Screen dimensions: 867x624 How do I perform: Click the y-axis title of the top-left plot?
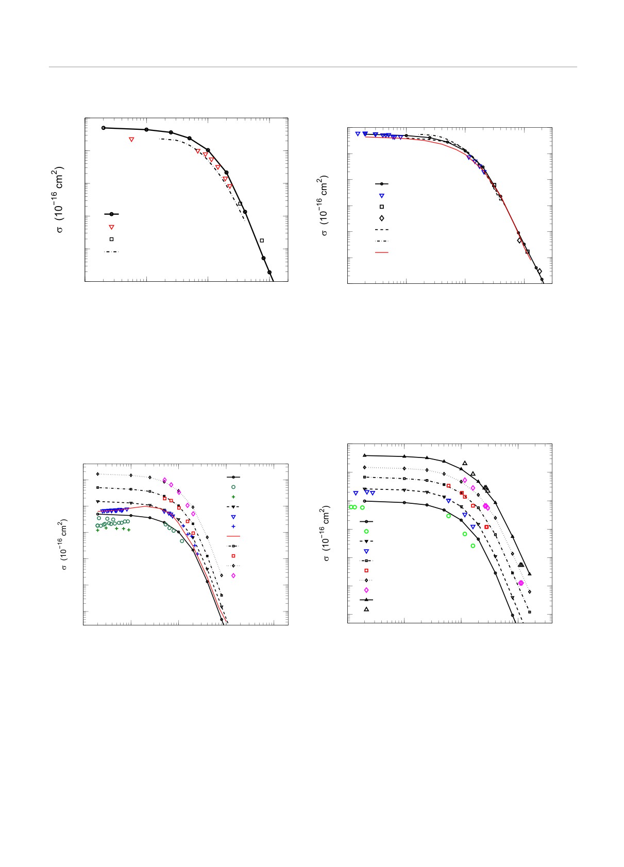point(60,199)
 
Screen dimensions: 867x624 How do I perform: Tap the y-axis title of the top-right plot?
point(325,206)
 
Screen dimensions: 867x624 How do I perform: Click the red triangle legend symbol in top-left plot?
point(111,227)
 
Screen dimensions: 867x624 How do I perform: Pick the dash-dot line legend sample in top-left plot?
point(111,252)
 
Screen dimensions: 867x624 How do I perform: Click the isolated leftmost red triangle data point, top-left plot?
point(131,140)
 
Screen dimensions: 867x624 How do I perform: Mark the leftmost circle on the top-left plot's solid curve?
point(104,128)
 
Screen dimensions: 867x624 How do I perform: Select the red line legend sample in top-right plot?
point(381,252)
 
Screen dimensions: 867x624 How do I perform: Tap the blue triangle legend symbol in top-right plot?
point(382,196)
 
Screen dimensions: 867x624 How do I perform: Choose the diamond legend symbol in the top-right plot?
point(382,218)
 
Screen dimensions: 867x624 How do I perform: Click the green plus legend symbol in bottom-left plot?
point(233,497)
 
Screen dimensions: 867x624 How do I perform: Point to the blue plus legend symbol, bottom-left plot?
point(233,526)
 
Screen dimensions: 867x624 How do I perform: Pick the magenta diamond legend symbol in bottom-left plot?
point(233,575)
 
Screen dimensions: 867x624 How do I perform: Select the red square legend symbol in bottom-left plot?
point(233,556)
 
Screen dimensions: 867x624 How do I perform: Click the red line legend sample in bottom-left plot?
point(233,536)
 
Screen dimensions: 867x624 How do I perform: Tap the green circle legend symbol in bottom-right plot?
point(366,531)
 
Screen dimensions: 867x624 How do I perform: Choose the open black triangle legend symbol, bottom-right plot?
point(366,609)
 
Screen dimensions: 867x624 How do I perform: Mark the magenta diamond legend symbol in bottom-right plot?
point(366,590)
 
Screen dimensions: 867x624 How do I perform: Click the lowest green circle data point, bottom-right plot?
point(473,546)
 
